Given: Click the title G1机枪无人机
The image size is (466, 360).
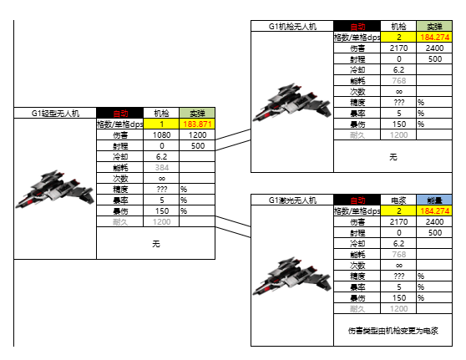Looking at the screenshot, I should tap(292, 27).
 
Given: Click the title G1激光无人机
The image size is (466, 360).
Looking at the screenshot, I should tap(292, 200).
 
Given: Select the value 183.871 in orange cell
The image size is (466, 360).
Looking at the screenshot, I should tap(197, 124).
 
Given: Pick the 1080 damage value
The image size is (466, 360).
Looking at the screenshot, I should tap(161, 134).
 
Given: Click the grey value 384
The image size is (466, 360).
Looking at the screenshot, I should tap(161, 167).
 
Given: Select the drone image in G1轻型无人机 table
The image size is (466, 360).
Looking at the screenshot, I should tap(48, 189).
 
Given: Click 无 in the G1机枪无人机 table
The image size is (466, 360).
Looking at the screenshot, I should tap(393, 156).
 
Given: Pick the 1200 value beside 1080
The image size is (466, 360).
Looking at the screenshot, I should tap(197, 134).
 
